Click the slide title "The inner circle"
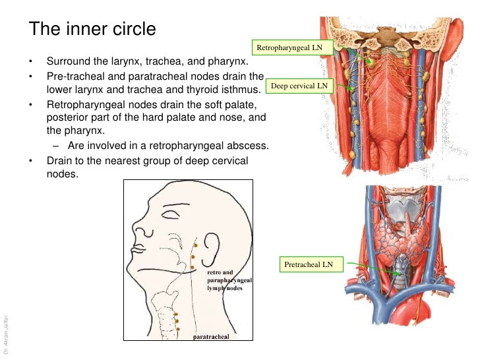tap(93, 30)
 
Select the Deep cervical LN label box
tap(299, 86)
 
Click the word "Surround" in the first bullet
tap(67, 63)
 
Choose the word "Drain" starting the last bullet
tap(61, 160)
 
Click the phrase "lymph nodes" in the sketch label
tap(224, 288)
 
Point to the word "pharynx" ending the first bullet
tap(229, 63)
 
